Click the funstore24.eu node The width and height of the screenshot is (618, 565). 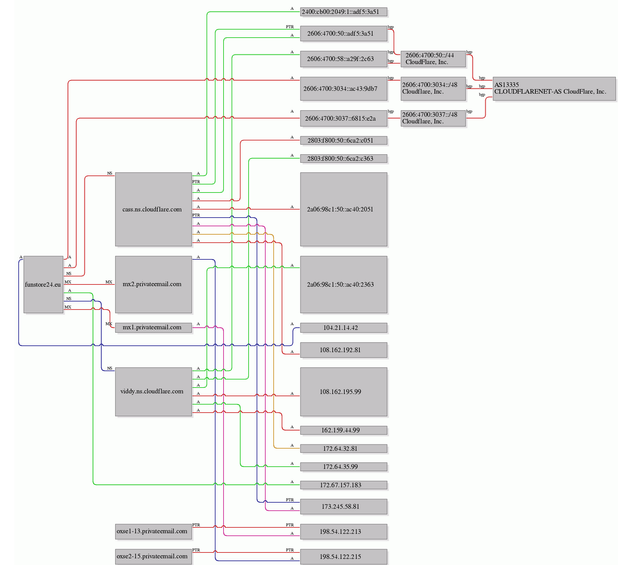43,285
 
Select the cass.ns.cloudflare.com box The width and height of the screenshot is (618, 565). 153,209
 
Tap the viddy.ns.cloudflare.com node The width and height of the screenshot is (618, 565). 153,391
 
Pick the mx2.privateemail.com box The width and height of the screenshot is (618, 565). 153,285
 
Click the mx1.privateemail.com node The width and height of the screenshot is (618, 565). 153,328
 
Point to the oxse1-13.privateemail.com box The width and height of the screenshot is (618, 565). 153,531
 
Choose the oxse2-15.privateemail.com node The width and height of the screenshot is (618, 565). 153,556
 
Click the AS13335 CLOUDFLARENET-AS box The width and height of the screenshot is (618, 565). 554,89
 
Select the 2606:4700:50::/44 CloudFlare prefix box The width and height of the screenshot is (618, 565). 433,59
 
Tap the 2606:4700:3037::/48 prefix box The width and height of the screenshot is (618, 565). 433,118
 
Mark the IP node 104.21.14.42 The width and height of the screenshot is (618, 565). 344,328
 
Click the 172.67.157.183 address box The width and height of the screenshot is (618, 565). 344,485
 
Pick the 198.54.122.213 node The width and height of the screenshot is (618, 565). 344,532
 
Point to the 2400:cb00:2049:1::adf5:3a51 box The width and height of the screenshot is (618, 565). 344,12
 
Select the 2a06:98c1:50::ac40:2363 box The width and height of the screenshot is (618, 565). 344,285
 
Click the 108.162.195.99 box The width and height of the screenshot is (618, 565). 344,392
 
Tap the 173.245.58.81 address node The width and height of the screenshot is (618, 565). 344,506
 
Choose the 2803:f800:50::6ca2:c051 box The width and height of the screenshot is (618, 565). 344,140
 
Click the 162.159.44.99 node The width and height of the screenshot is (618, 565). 344,430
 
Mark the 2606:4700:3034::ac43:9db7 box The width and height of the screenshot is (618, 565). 344,89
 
